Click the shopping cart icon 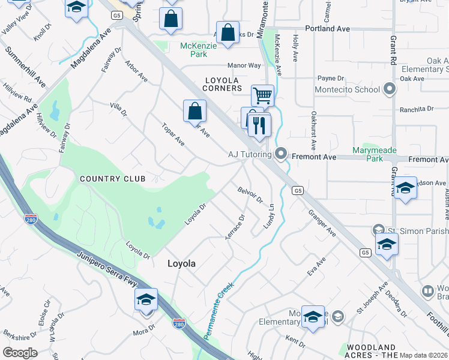pos(262,95)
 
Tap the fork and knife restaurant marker pos(259,125)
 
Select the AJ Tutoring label pos(250,154)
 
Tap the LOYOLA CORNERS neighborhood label pos(223,84)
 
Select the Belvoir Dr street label pos(251,194)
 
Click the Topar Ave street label pos(173,134)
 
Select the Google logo pos(20,353)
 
